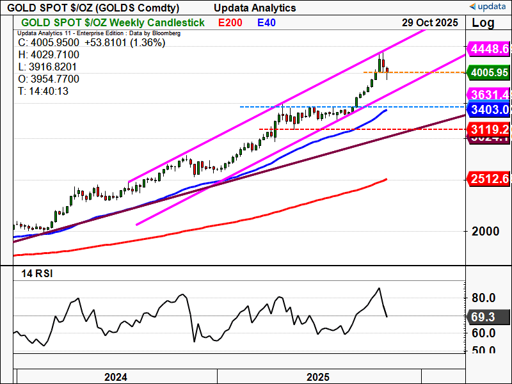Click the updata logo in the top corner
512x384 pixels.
tap(490, 6)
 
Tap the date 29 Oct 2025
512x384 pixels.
tap(430, 22)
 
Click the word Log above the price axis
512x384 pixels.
tap(483, 22)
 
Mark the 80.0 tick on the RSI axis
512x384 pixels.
tap(484, 298)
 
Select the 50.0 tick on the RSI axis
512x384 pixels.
tap(484, 350)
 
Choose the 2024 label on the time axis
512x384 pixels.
tap(116, 376)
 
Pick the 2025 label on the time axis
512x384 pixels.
tap(318, 376)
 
